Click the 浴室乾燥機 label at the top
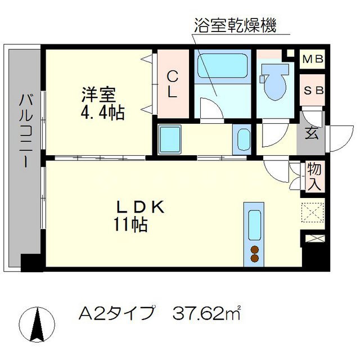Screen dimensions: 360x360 235,26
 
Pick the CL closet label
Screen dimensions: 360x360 173,84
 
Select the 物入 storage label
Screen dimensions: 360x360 313,175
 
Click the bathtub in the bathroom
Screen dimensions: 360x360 223,68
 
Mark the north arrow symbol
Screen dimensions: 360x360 39,327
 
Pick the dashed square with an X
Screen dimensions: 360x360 313,213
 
